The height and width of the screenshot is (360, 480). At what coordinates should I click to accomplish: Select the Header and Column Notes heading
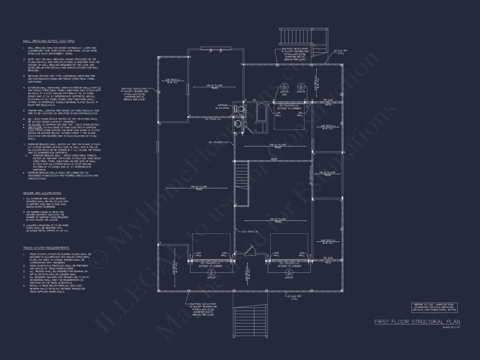click(x=42, y=193)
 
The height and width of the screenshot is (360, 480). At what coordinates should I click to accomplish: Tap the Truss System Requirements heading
click(x=46, y=247)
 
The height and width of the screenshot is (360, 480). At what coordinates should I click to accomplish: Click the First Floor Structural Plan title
click(x=417, y=322)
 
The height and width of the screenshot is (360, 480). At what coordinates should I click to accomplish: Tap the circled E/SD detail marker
click(x=285, y=86)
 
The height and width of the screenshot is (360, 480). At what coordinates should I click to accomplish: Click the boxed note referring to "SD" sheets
click(x=434, y=307)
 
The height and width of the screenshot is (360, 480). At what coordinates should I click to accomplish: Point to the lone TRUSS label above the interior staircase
click(x=274, y=159)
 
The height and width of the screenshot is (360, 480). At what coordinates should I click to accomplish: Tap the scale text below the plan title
click(x=451, y=327)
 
